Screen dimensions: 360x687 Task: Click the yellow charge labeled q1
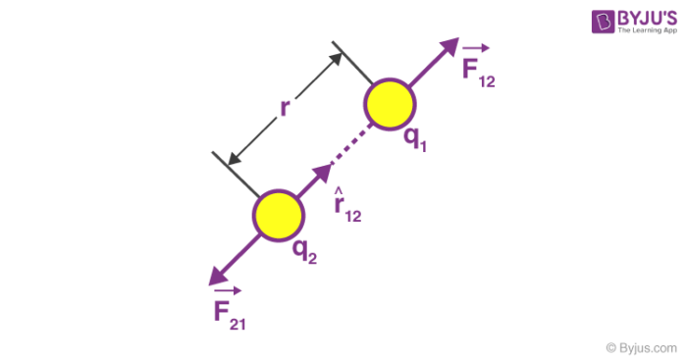click(x=391, y=102)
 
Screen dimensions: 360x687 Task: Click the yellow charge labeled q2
click(x=278, y=215)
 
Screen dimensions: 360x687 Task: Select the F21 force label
click(x=229, y=313)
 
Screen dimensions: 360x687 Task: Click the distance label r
click(x=285, y=108)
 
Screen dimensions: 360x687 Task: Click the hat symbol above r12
click(x=339, y=190)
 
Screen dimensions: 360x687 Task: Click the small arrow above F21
click(x=227, y=290)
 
